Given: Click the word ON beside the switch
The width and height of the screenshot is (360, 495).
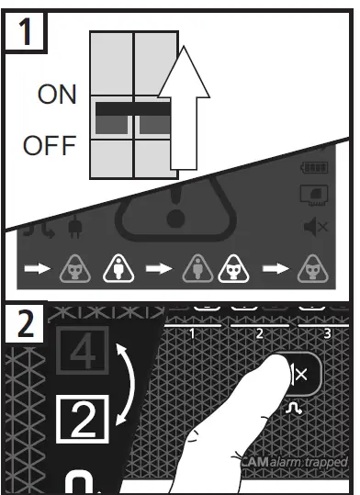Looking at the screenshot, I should tap(57, 96).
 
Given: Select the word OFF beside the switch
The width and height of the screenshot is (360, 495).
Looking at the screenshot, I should tap(51, 147).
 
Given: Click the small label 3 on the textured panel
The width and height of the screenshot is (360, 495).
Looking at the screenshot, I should tap(329, 333).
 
